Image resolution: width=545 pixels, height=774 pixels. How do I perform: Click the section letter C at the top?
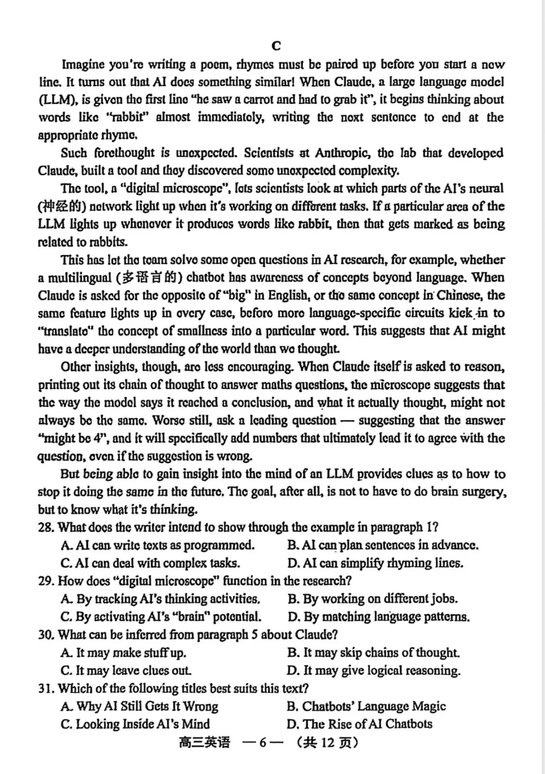click(276, 46)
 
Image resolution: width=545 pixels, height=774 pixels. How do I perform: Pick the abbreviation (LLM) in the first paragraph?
click(57, 100)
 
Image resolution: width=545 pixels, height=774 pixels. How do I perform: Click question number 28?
click(46, 527)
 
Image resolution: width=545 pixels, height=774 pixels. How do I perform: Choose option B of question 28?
click(383, 545)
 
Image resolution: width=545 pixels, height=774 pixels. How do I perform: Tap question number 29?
click(46, 581)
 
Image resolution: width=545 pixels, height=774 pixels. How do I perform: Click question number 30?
click(46, 634)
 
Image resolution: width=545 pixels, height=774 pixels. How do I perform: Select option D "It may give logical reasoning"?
click(374, 671)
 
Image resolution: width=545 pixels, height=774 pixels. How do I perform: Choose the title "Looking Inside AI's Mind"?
click(135, 724)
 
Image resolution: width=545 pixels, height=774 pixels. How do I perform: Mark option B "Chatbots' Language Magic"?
click(366, 706)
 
